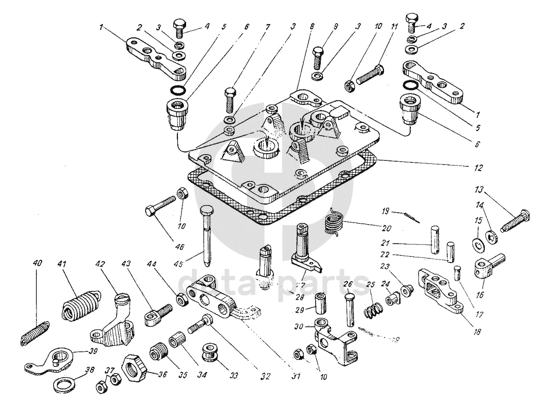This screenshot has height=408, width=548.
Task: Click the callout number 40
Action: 36,263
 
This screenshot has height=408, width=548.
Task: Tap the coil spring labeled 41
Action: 80,308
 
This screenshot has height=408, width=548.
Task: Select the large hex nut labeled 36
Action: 135,365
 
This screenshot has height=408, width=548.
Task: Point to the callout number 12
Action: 479,168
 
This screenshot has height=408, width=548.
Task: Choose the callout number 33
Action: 234,376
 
